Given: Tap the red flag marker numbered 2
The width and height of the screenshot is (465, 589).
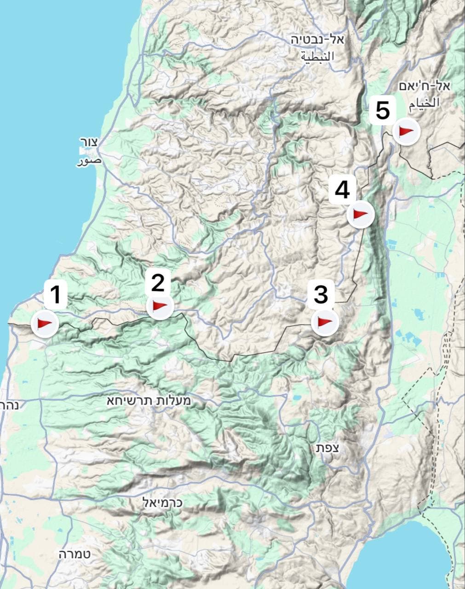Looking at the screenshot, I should pos(159,306).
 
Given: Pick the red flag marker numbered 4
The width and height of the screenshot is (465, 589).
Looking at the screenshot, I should pos(360,214).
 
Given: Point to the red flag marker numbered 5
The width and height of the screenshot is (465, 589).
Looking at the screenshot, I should pos(407,132).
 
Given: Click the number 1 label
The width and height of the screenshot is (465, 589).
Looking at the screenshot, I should pos(56,295).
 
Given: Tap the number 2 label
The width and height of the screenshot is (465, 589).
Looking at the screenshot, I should pos(157,283).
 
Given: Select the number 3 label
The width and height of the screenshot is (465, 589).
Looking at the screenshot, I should pos(321,294).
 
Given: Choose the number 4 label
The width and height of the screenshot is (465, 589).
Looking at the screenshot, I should pos(342,190).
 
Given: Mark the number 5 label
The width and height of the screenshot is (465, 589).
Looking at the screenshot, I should pos(383,111).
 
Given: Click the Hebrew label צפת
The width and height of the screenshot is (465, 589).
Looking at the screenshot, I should pos(327,448).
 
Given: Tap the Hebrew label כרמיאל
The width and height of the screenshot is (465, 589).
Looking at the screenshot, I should pos(163,502).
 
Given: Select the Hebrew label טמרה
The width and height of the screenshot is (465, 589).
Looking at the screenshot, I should pos(75,554).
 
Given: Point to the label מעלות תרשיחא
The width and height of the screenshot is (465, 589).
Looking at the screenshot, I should pos(149,400).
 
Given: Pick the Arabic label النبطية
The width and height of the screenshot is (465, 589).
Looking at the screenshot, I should pos(318,57).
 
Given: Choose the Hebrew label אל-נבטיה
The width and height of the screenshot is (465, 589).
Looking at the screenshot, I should pos(317,39).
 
